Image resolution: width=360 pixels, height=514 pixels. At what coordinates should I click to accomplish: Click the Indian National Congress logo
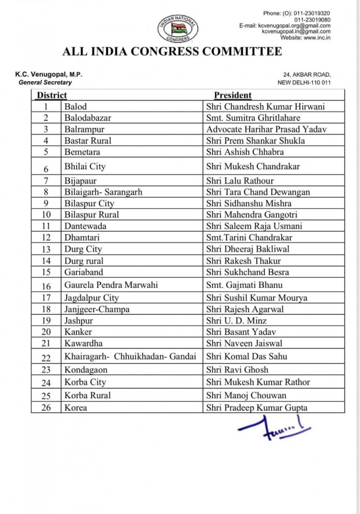click(177, 28)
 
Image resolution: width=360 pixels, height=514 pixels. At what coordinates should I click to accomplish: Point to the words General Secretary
click(45, 82)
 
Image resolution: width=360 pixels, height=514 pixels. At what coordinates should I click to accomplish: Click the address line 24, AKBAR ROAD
click(307, 74)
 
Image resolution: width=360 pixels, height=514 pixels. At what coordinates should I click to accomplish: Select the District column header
click(52, 95)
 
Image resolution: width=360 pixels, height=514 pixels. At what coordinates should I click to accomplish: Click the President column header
click(233, 95)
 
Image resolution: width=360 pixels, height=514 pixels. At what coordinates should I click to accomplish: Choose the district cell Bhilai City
click(85, 167)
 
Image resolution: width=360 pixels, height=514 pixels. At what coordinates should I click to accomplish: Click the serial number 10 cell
click(46, 215)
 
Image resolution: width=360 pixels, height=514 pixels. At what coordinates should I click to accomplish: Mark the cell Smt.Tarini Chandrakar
click(249, 238)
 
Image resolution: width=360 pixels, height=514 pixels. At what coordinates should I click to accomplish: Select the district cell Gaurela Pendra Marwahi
click(111, 285)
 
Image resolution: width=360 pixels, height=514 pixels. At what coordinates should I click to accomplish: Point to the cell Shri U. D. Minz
click(237, 321)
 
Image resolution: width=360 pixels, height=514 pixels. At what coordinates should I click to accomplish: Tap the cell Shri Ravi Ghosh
click(238, 370)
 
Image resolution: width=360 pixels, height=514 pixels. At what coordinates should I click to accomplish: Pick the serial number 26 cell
click(46, 408)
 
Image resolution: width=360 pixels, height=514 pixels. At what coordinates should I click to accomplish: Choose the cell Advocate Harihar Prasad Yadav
click(267, 129)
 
